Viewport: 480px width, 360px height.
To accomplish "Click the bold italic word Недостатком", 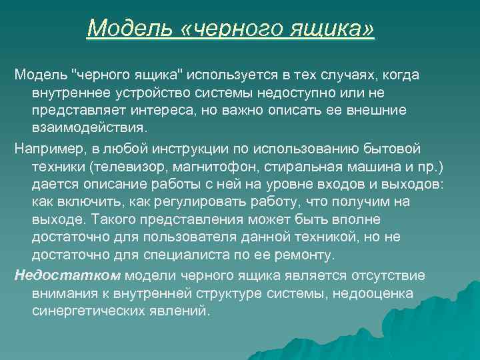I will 59,275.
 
